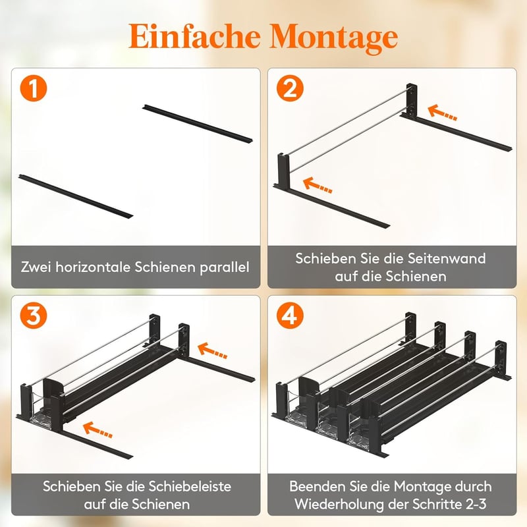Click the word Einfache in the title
coord(194,36)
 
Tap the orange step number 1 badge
coord(34,88)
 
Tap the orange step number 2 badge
coord(290,88)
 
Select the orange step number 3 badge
coord(34,316)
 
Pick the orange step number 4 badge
coord(290,316)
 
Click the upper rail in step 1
coord(198,124)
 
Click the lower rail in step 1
coord(76,196)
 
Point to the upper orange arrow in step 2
coord(442,113)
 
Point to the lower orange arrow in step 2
coord(318,186)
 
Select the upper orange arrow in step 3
coord(212,350)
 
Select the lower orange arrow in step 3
coord(97,430)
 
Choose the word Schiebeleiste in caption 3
coord(190,486)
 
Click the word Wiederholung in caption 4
coord(339,504)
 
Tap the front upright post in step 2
coord(283,171)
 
